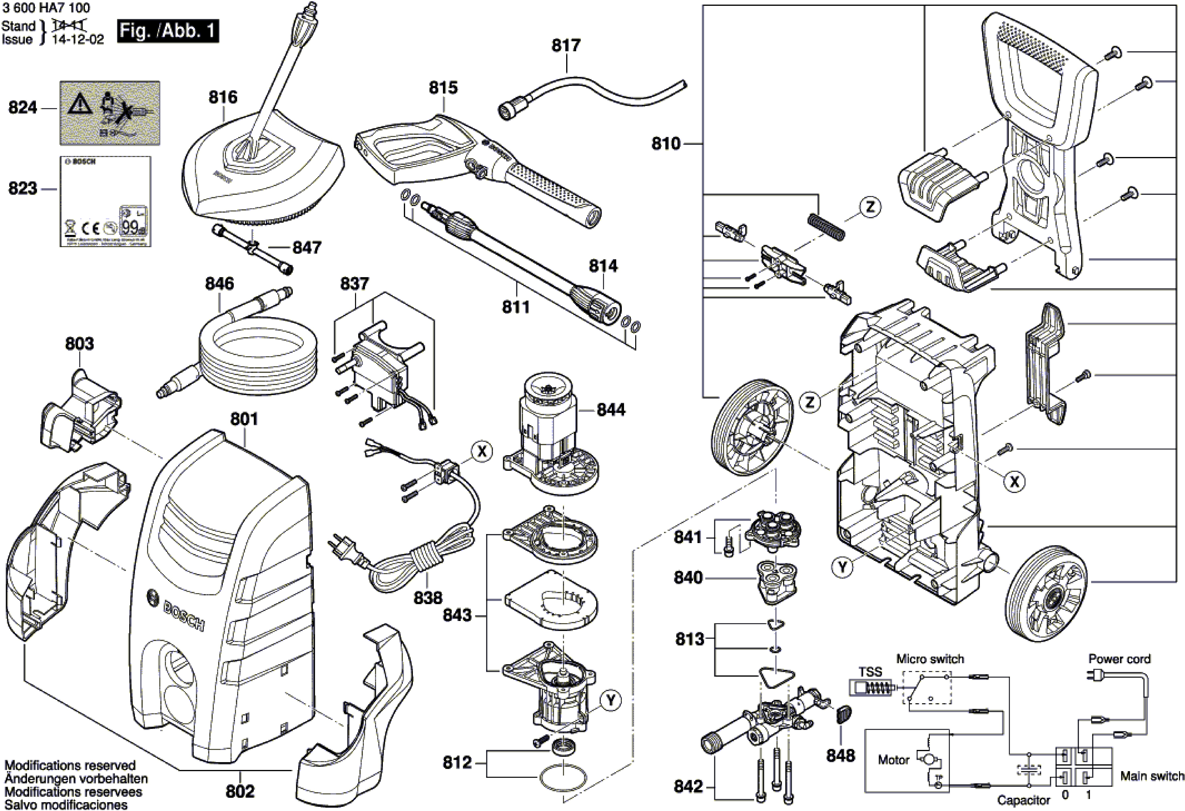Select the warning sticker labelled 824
coord(110,113)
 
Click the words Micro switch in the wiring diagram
coord(930,659)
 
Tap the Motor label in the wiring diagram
coord(893,760)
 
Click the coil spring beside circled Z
coord(826,226)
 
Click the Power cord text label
coord(1119,659)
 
